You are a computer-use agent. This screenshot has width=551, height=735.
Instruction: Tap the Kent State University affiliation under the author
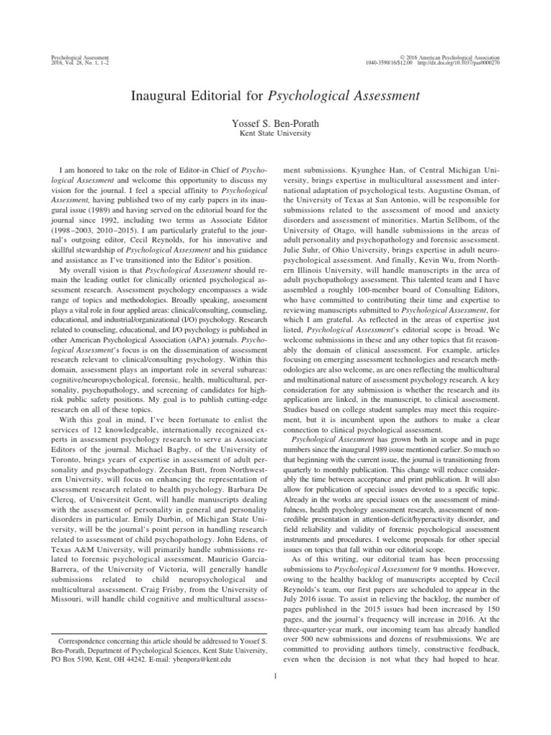click(x=275, y=134)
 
